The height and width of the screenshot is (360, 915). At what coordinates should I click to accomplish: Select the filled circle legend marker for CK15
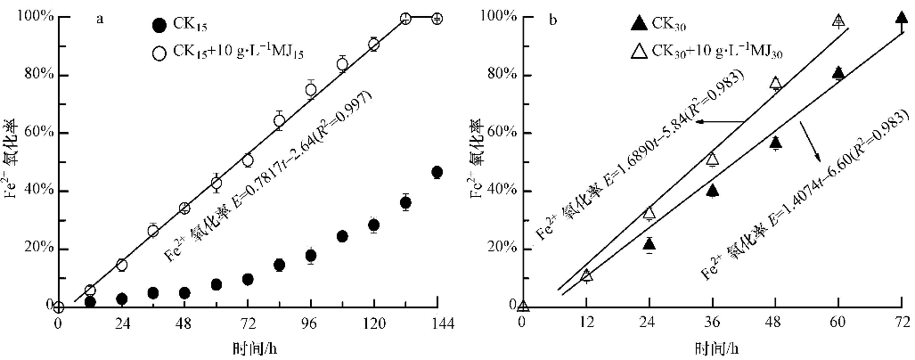[159, 25]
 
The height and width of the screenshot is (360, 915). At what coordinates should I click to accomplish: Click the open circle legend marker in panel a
[159, 53]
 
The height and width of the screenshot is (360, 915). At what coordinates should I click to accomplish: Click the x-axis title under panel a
[243, 348]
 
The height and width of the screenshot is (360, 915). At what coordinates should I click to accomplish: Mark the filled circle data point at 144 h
[437, 172]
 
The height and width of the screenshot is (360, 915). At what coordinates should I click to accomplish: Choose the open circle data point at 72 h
[248, 160]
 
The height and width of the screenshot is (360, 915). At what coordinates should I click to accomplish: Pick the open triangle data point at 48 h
[775, 83]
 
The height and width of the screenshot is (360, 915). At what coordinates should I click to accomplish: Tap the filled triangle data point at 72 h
[901, 18]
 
